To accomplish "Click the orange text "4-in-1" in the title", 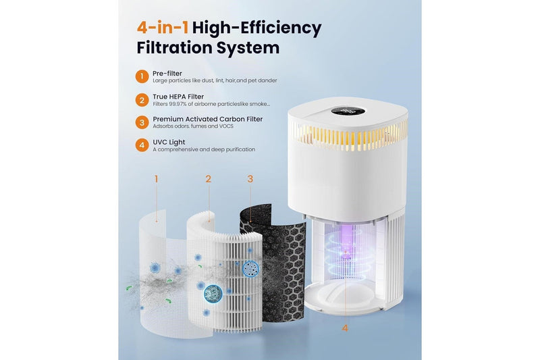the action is [163, 28].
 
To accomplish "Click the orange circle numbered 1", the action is [142, 76].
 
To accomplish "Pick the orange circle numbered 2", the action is [142, 100].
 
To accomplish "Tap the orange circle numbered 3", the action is [142, 122].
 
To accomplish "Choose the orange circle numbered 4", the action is [142, 145].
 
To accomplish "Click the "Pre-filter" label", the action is [167, 74].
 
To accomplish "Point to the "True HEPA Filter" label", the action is [178, 97].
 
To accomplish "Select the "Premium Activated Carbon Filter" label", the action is [208, 119].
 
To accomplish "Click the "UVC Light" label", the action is [169, 142].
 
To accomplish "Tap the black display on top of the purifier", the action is [348, 111].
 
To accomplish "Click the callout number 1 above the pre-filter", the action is [157, 179].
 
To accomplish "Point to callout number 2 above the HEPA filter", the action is [209, 179].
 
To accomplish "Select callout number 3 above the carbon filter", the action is [250, 179].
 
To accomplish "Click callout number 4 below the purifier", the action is [345, 328].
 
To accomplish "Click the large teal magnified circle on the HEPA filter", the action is [213, 294].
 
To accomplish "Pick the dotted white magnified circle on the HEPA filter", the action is [251, 269].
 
